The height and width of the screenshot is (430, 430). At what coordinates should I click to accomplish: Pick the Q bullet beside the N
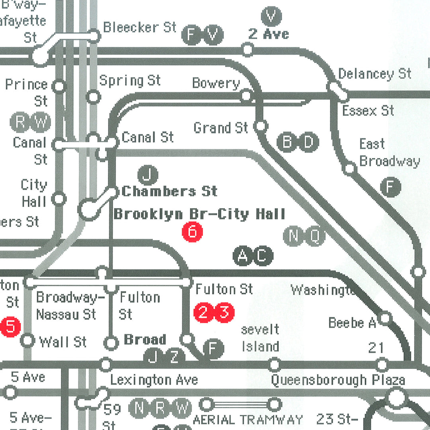315,236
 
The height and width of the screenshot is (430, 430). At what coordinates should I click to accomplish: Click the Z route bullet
174,357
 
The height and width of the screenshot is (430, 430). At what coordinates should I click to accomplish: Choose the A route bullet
242,256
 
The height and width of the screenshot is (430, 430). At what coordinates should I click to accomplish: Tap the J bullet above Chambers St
148,175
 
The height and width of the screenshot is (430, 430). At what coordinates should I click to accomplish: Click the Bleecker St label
139,27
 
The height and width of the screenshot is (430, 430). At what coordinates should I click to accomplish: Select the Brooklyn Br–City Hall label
199,214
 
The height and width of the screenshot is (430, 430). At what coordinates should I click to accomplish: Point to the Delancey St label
374,74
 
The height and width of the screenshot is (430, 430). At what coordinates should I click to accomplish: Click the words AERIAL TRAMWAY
248,420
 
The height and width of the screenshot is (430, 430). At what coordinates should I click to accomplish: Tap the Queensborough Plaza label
338,380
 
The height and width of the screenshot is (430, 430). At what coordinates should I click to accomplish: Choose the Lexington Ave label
154,380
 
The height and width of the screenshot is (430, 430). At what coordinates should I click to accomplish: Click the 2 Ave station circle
248,50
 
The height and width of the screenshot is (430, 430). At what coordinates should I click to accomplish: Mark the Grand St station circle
260,126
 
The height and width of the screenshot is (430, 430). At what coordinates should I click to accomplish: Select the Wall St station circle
28,340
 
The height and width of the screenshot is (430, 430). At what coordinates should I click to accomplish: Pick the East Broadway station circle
349,168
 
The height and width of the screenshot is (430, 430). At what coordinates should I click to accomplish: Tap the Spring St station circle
93,96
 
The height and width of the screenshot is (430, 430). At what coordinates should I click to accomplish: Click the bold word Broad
145,340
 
